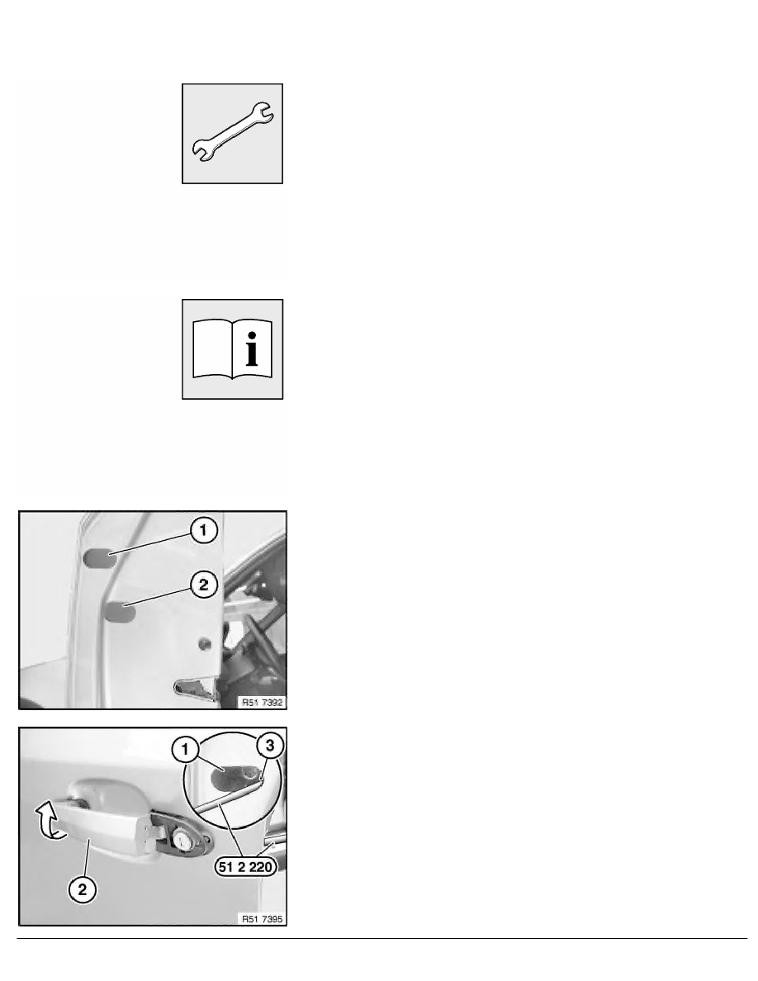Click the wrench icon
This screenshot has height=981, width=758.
232,133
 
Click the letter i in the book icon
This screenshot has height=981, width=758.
252,349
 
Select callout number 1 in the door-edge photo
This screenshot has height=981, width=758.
203,530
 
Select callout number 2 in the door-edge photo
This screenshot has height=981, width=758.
203,585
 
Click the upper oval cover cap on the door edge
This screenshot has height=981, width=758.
99,557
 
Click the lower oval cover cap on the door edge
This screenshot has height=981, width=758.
120,612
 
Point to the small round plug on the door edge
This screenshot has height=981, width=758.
203,643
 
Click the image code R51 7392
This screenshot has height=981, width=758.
263,703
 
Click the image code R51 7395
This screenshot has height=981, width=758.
263,919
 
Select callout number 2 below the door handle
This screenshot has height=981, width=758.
83,889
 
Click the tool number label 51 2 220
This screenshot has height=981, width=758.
246,866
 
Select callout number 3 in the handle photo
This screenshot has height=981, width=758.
269,745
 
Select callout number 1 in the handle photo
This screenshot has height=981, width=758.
185,749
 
